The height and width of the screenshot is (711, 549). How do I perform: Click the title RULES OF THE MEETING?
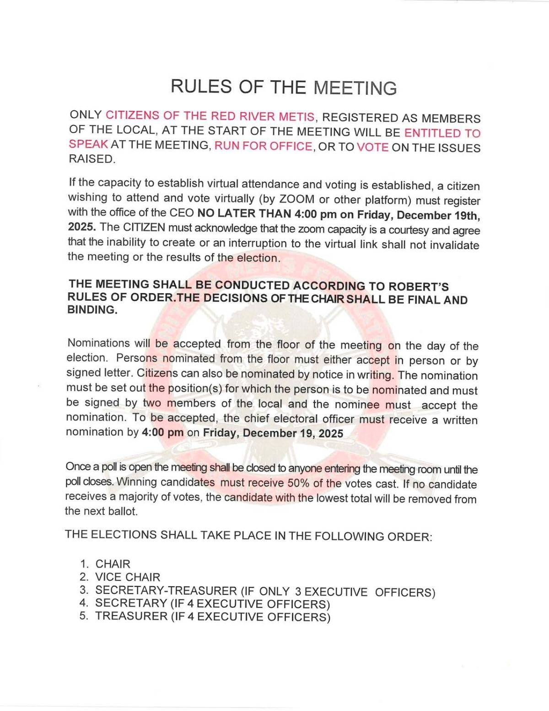point(284,87)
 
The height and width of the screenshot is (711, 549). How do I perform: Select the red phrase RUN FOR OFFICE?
point(263,147)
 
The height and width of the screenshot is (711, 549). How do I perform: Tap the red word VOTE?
point(372,147)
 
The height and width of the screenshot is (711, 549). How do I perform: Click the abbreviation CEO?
point(182,213)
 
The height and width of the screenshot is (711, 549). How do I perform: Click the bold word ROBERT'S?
point(419,287)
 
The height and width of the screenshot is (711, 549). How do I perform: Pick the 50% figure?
point(299,483)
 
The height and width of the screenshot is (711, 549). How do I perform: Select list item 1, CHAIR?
point(113,564)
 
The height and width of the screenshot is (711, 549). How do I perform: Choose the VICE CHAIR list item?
point(128,577)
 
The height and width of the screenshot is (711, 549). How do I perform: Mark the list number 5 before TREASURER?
point(83,616)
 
